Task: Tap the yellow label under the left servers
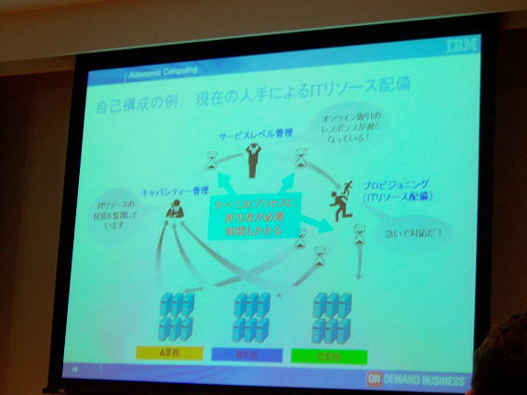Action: coord(164,353)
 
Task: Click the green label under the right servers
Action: coord(329,354)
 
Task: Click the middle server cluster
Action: coord(252,317)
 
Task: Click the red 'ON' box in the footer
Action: coord(374,379)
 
